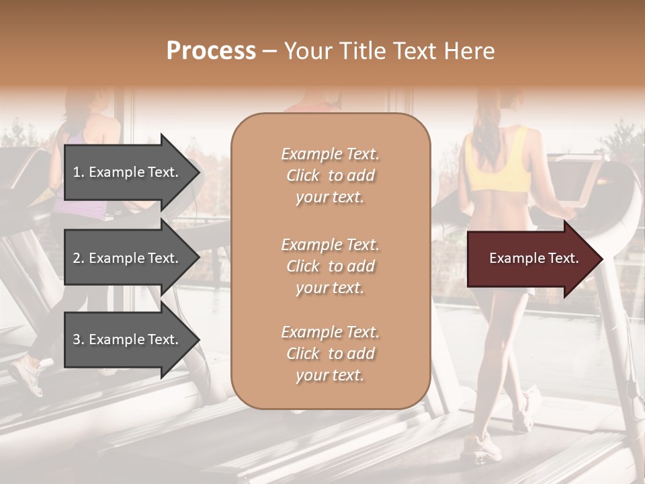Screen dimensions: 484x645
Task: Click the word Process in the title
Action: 211,51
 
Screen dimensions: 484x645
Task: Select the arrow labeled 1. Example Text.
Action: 131,172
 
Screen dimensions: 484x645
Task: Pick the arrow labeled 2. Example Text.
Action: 131,258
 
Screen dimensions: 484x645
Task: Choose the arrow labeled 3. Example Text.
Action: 131,339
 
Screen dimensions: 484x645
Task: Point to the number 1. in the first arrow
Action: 79,172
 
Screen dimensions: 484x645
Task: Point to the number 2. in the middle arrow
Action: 79,258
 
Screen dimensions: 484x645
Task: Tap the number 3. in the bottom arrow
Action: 79,339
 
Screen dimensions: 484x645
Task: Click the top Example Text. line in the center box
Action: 330,155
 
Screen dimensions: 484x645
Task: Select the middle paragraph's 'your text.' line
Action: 330,288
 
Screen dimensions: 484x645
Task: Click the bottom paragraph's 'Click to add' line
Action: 330,354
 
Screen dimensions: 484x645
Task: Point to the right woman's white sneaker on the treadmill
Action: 481,447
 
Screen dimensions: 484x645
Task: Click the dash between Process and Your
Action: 270,51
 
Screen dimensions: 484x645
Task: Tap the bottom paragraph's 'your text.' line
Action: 330,375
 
